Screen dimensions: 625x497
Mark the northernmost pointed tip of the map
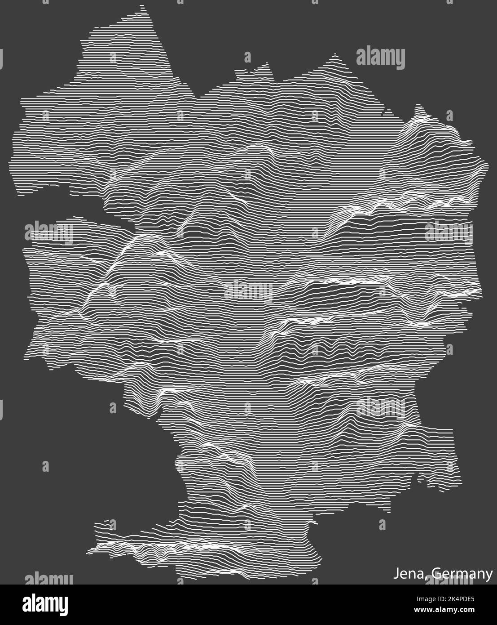(143, 6)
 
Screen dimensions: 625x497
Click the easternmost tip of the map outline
(488, 165)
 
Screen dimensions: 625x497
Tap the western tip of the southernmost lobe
(88, 549)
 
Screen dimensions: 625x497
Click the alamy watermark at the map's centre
(248, 290)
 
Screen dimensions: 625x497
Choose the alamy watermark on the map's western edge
(49, 232)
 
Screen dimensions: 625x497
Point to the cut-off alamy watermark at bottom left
(49, 579)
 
